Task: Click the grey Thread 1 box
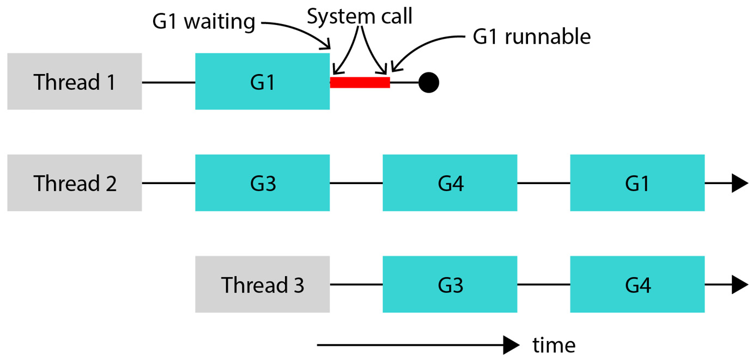click(75, 81)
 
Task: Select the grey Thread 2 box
click(75, 183)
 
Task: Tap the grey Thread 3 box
click(263, 284)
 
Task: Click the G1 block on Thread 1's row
click(263, 81)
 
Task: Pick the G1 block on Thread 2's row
click(637, 183)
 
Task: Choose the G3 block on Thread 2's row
click(263, 183)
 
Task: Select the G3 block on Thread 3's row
click(450, 284)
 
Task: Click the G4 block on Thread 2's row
click(450, 183)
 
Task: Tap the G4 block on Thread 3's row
click(637, 284)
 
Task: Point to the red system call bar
click(360, 82)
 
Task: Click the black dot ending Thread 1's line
click(429, 82)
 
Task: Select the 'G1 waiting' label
click(204, 22)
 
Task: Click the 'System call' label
click(360, 16)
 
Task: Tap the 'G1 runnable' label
click(531, 36)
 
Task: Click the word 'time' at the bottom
click(554, 345)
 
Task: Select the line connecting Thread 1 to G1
click(169, 82)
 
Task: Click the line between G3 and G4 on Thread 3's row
click(544, 284)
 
